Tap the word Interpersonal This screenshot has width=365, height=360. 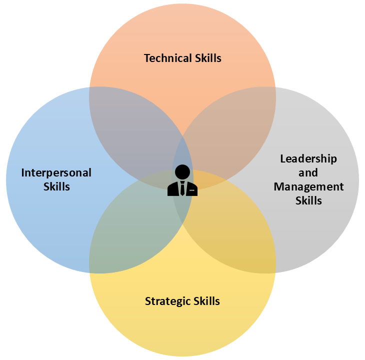point(56,173)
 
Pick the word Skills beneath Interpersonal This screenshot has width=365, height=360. point(56,187)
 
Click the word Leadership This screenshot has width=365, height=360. point(308,159)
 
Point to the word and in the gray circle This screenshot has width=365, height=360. point(308,173)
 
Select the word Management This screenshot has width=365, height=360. point(308,187)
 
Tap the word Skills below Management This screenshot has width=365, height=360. point(308,201)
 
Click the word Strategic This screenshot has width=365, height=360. point(167,301)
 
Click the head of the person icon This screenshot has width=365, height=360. point(182,172)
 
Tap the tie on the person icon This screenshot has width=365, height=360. point(182,188)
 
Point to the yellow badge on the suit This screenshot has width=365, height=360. point(191,190)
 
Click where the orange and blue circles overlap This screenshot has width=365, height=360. point(132,130)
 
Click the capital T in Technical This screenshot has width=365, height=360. point(147,58)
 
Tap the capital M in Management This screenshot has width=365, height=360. point(278,187)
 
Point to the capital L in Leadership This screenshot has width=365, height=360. point(283,159)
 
